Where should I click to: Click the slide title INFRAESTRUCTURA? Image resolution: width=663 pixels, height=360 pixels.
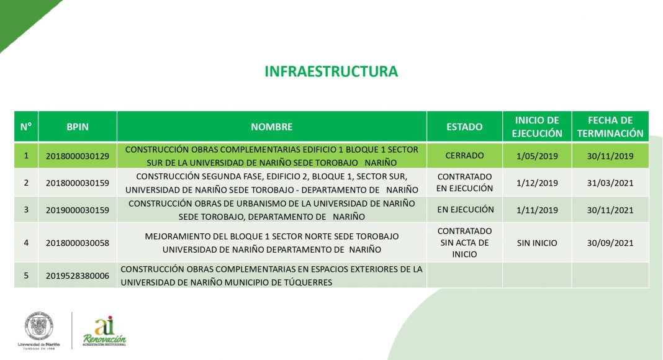[x=331, y=71]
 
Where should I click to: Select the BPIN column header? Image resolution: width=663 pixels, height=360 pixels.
[x=78, y=127]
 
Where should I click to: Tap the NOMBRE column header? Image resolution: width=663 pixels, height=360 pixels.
[x=271, y=127]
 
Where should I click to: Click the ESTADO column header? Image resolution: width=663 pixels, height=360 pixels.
[x=464, y=127]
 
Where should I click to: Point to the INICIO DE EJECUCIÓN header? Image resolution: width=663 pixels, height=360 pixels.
[x=537, y=127]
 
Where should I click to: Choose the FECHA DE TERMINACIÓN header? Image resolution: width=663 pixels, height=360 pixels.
[x=610, y=127]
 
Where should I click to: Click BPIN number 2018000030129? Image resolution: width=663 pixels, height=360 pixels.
[x=78, y=156]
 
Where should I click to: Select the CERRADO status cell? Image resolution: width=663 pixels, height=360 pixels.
[x=464, y=156]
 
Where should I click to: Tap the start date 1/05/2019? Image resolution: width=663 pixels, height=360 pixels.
[x=537, y=156]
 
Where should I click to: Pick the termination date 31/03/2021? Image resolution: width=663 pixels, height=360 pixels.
[x=610, y=183]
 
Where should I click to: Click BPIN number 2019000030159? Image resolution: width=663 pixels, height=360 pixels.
[x=78, y=210]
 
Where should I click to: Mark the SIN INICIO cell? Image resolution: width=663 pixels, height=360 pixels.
[x=537, y=243]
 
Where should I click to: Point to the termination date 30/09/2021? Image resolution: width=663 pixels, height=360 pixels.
[x=610, y=243]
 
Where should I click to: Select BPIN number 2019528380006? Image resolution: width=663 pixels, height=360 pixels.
[x=78, y=276]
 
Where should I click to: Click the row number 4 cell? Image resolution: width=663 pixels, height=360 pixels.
[x=26, y=243]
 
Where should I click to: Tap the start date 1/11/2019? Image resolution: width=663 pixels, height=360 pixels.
[x=537, y=210]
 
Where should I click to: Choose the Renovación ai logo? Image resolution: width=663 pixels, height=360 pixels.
[x=104, y=331]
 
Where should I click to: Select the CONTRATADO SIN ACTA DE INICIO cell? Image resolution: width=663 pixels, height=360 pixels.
[x=464, y=243]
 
